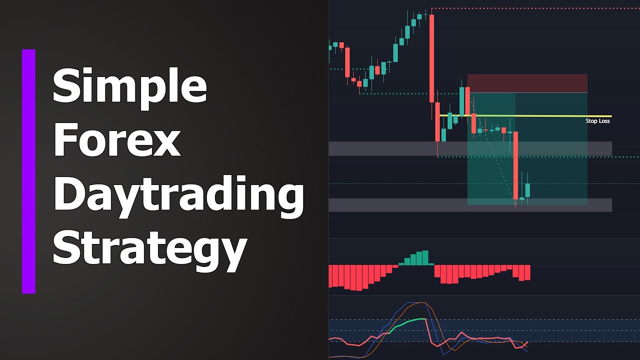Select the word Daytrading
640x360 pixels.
178,196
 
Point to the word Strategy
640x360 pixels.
150,248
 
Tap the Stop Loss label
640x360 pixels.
597,121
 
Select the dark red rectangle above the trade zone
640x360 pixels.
527,83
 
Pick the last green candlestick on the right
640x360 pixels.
527,190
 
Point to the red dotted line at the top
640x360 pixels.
535,8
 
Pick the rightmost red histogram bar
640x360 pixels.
527,272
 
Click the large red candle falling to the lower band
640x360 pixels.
515,165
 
